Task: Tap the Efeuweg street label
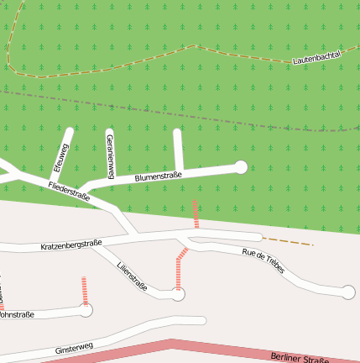(60, 155)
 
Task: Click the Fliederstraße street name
(69, 191)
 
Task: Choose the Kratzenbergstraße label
(70, 245)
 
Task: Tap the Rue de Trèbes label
(263, 262)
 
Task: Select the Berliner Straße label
(300, 358)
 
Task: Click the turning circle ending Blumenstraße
(241, 167)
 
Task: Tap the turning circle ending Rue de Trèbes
(348, 292)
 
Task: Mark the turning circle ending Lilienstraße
(178, 294)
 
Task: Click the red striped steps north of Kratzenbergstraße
(196, 214)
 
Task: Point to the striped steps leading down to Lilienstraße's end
(180, 269)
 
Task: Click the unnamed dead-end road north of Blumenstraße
(178, 150)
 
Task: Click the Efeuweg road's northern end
(70, 131)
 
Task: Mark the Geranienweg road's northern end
(109, 132)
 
